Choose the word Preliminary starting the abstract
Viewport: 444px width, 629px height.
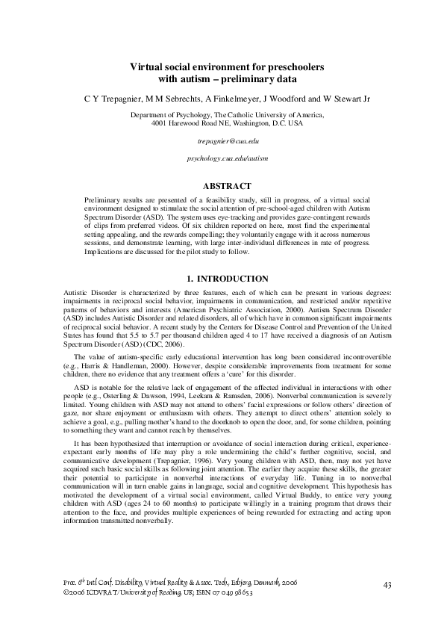pyautogui.click(x=104, y=200)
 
